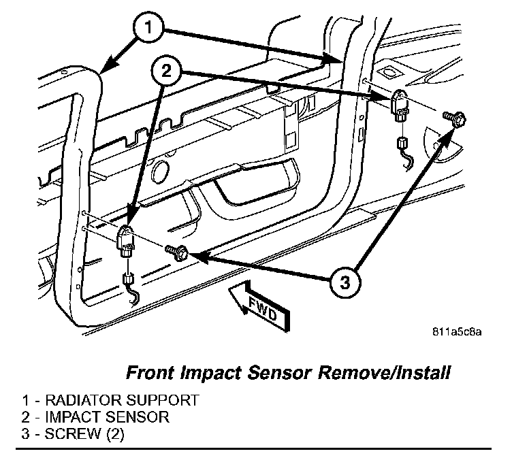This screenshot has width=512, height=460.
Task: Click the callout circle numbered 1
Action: point(150,29)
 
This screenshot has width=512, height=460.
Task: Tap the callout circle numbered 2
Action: point(170,71)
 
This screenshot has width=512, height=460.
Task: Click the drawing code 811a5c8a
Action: point(458,333)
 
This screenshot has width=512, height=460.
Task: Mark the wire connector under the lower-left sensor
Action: point(127,278)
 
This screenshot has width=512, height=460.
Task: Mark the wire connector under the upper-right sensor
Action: point(402,144)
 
